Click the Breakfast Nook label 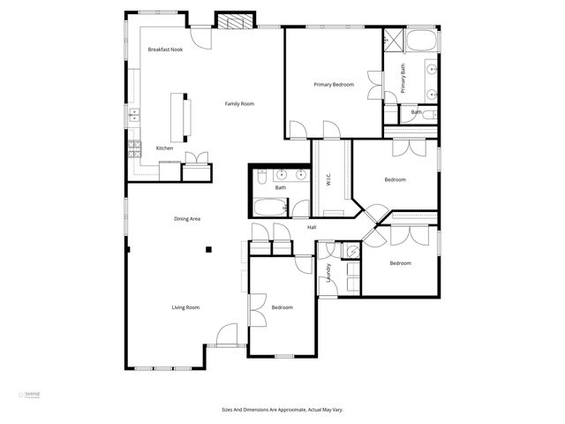click(x=165, y=49)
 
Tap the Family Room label click(x=239, y=104)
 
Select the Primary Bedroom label click(x=334, y=85)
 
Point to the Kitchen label click(x=164, y=148)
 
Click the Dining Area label click(x=187, y=218)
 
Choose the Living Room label click(x=185, y=307)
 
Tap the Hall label click(x=312, y=228)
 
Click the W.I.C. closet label click(x=328, y=178)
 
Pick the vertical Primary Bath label click(x=403, y=79)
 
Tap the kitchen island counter click(x=186, y=117)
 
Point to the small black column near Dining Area click(x=208, y=250)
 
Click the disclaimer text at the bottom click(x=282, y=409)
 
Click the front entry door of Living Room click(x=228, y=337)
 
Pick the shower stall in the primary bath click(x=391, y=40)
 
